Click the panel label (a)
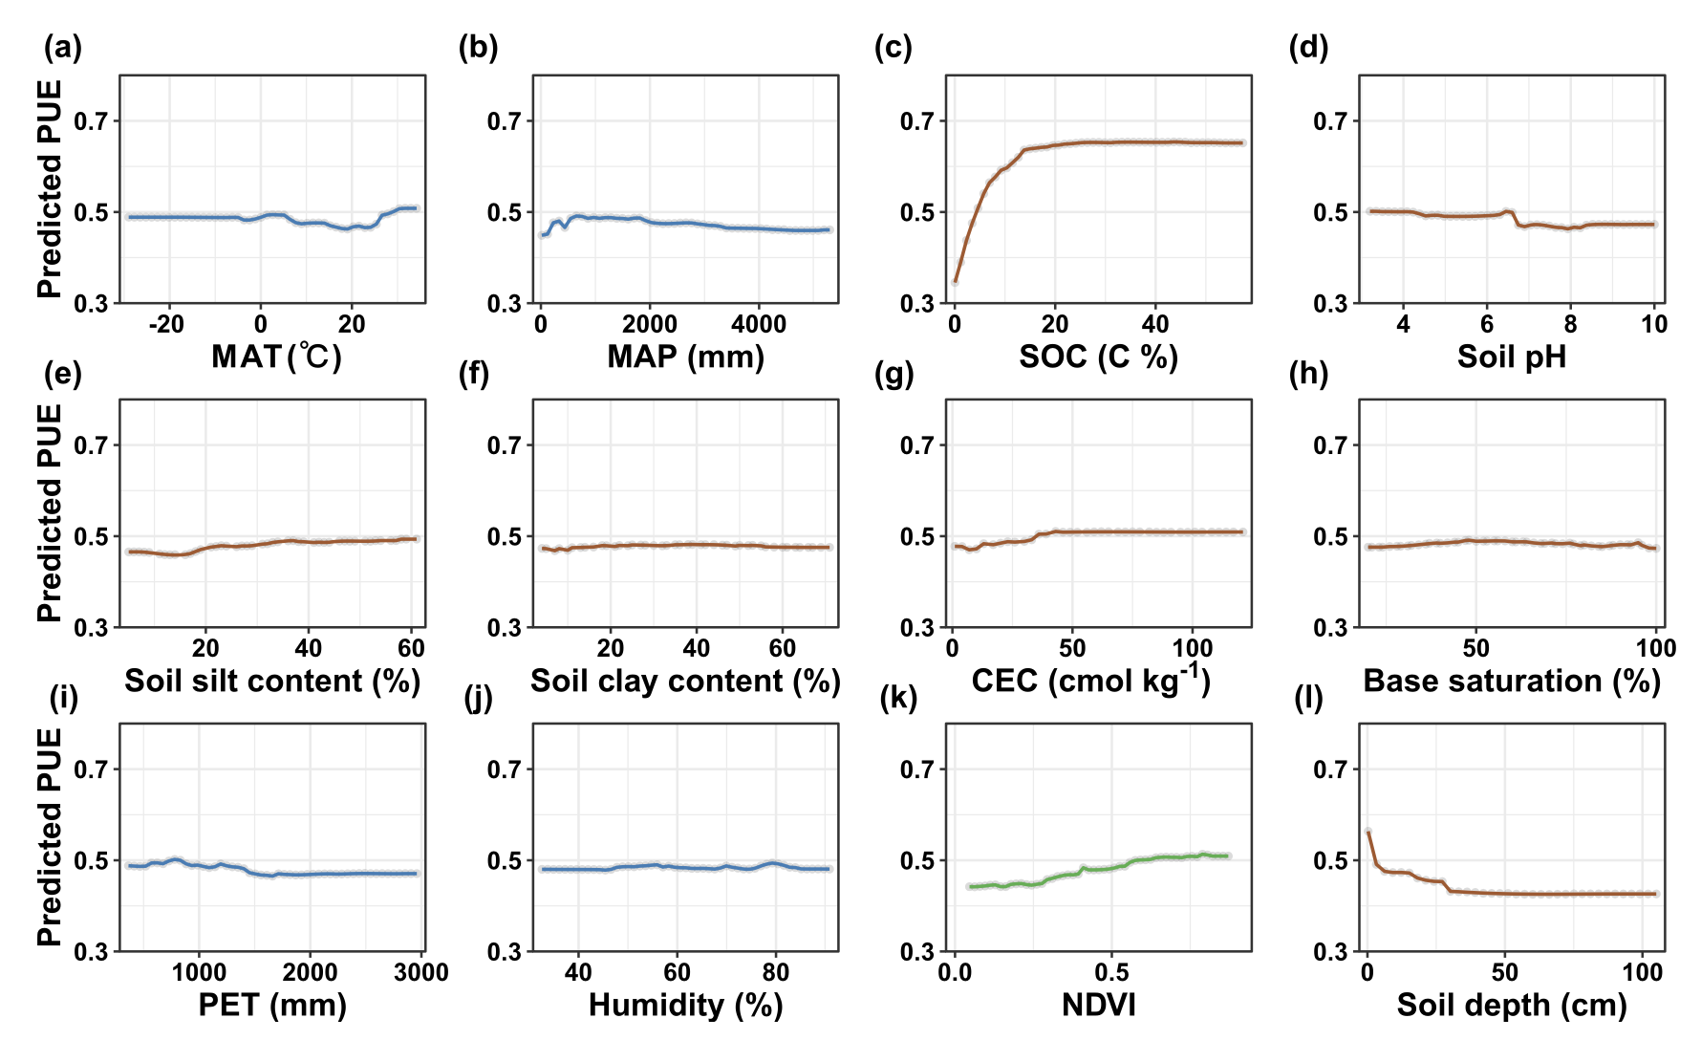[x=63, y=47]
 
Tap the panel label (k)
[x=897, y=698]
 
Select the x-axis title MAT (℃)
[x=276, y=357]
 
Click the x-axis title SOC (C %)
[x=1098, y=357]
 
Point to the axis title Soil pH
[x=1512, y=357]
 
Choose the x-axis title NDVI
[x=1099, y=1005]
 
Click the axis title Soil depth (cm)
[x=1512, y=1005]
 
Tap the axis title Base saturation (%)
[x=1512, y=681]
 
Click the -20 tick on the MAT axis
[x=166, y=324]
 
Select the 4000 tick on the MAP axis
[x=759, y=324]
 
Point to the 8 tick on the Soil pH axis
[x=1570, y=324]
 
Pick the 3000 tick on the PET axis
[x=420, y=972]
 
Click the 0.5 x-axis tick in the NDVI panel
[x=1111, y=972]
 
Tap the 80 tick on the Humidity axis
[x=776, y=972]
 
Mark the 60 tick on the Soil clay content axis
[x=782, y=648]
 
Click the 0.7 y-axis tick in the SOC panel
[x=917, y=121]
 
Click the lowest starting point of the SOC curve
[x=955, y=282]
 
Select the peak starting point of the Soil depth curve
[x=1367, y=832]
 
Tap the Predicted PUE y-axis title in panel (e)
[x=50, y=513]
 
